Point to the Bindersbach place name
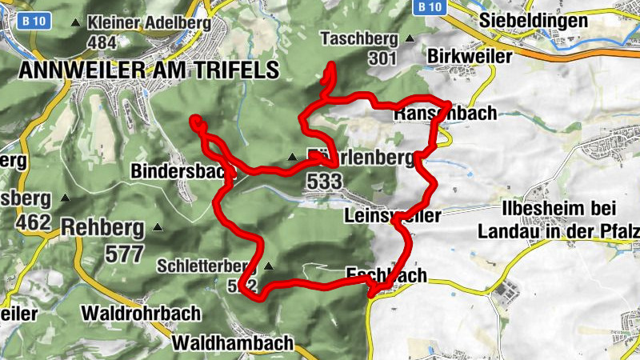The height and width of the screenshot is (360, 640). [182, 170]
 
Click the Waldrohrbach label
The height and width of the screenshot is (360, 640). [129, 313]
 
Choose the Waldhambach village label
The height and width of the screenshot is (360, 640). [233, 343]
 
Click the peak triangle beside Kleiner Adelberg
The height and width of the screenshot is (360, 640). [76, 23]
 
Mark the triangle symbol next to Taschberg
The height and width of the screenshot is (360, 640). [410, 38]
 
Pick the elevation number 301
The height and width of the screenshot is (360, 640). [383, 58]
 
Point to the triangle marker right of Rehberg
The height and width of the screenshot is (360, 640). [158, 228]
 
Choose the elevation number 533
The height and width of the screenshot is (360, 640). [323, 182]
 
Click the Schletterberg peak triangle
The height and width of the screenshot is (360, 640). [270, 266]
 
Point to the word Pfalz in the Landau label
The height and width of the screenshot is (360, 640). [621, 231]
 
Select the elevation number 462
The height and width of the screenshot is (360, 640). [33, 222]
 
